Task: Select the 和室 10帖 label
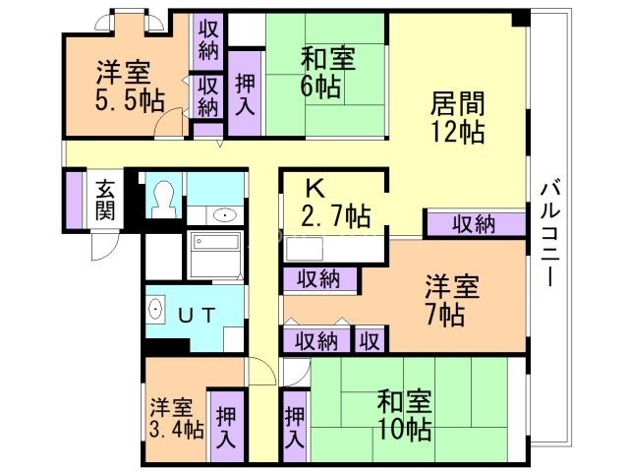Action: point(404,415)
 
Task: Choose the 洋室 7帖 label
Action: point(451,301)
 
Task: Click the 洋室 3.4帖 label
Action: point(176,418)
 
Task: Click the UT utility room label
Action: point(202,315)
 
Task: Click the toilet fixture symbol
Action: point(163,199)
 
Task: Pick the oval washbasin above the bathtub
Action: point(222,215)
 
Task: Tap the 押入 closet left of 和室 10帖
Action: point(294,426)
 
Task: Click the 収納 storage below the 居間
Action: point(474,224)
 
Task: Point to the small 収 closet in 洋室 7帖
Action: point(370,340)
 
